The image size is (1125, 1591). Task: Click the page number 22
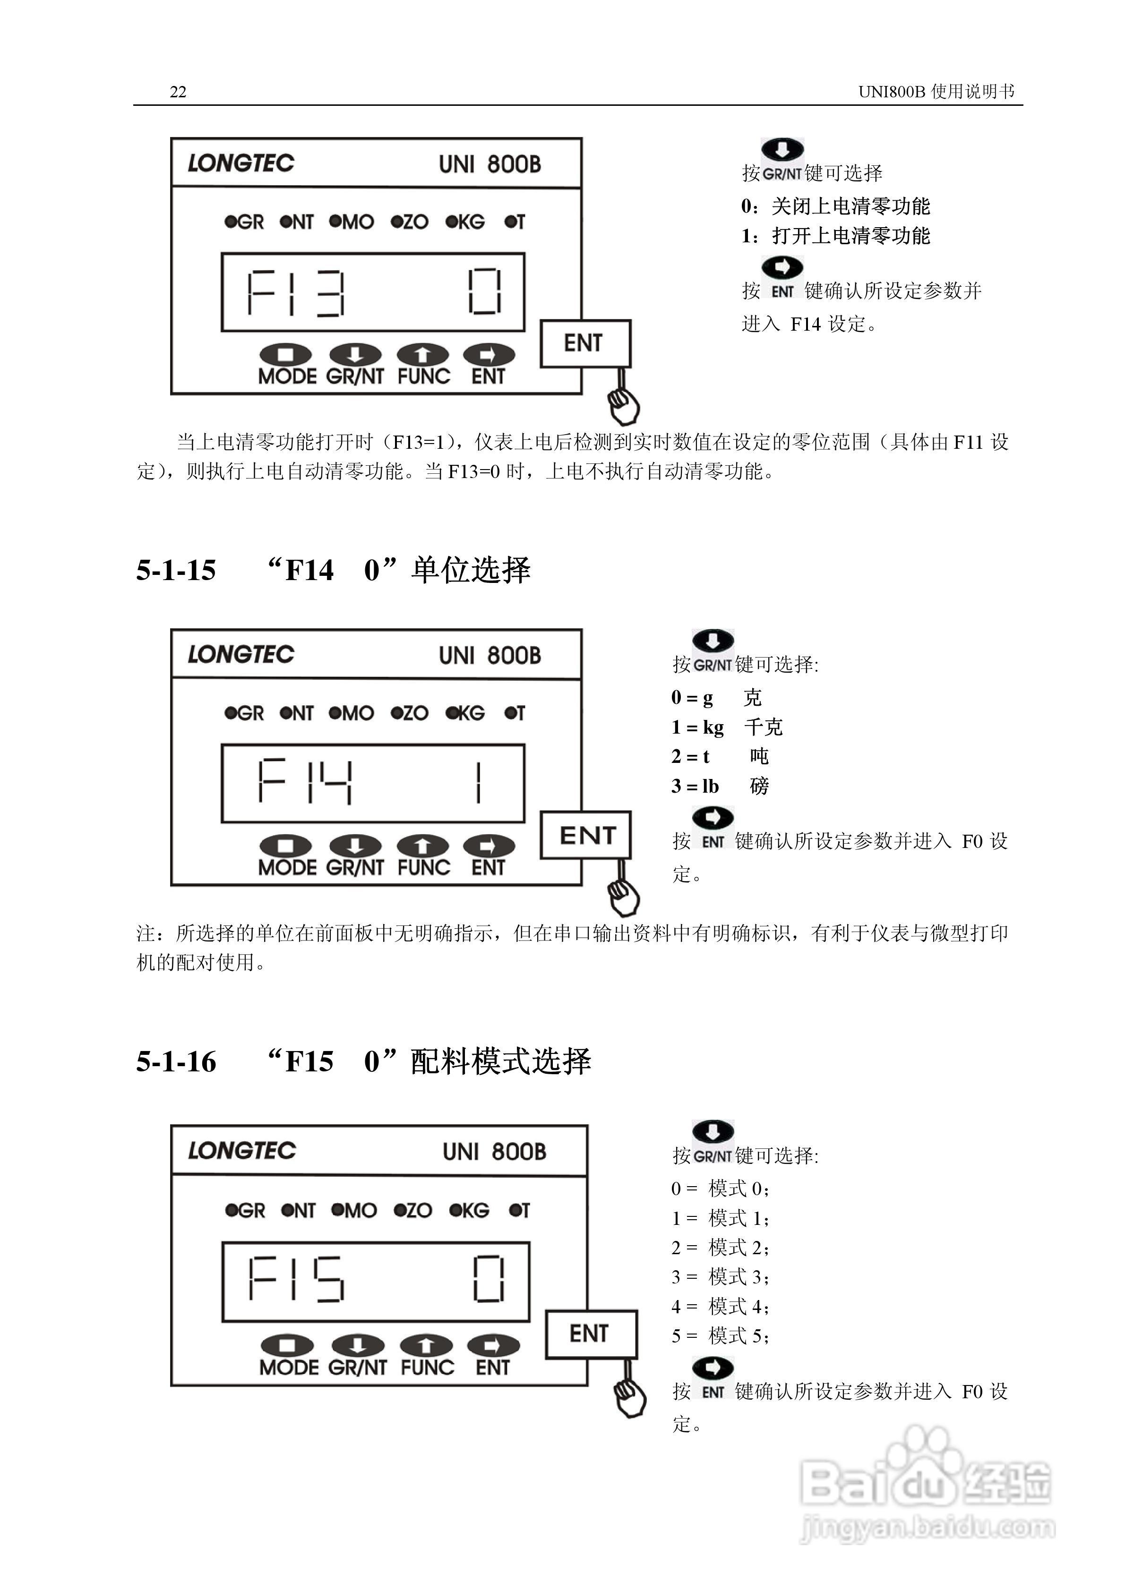pyautogui.click(x=178, y=92)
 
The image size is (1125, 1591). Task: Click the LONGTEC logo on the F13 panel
pyautogui.click(x=240, y=163)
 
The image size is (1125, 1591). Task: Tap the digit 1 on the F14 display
pyautogui.click(x=478, y=783)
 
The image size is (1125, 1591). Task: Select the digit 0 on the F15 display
pyautogui.click(x=489, y=1279)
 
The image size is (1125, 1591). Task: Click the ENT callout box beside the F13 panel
pyautogui.click(x=585, y=343)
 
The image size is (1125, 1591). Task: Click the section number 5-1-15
pyautogui.click(x=176, y=570)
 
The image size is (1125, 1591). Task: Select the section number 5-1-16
pyautogui.click(x=176, y=1061)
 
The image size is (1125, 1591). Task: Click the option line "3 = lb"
pyautogui.click(x=695, y=786)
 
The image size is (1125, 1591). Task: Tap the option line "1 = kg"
pyautogui.click(x=698, y=727)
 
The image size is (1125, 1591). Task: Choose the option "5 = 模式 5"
pyautogui.click(x=721, y=1335)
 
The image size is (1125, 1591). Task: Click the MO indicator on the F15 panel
pyautogui.click(x=354, y=1211)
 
